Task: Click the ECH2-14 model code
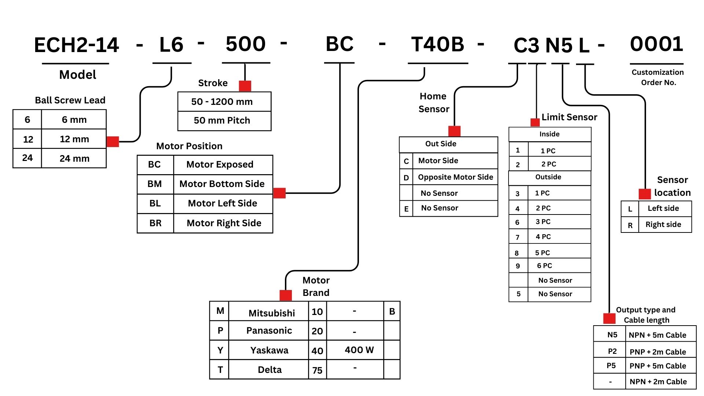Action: pos(76,45)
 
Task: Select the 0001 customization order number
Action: pos(656,44)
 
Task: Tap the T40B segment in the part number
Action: pos(438,44)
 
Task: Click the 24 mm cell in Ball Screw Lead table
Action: pos(74,158)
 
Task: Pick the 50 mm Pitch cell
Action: pos(222,121)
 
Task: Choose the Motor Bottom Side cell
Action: pos(222,184)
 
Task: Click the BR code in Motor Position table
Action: pos(155,223)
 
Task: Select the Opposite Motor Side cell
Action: pos(455,177)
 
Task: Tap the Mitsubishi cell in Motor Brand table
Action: pos(271,313)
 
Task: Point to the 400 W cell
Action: pos(359,350)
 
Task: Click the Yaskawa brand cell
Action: pos(269,351)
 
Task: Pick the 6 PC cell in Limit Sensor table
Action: pos(544,266)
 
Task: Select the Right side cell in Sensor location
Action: pos(663,225)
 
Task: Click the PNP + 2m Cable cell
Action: pos(658,352)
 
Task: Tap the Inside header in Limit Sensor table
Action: pos(549,134)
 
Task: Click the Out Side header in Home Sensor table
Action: pos(441,144)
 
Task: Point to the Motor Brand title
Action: pos(316,286)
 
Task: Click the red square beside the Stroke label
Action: pos(245,86)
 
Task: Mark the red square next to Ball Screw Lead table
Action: pos(113,142)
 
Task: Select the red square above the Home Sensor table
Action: pos(454,131)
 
